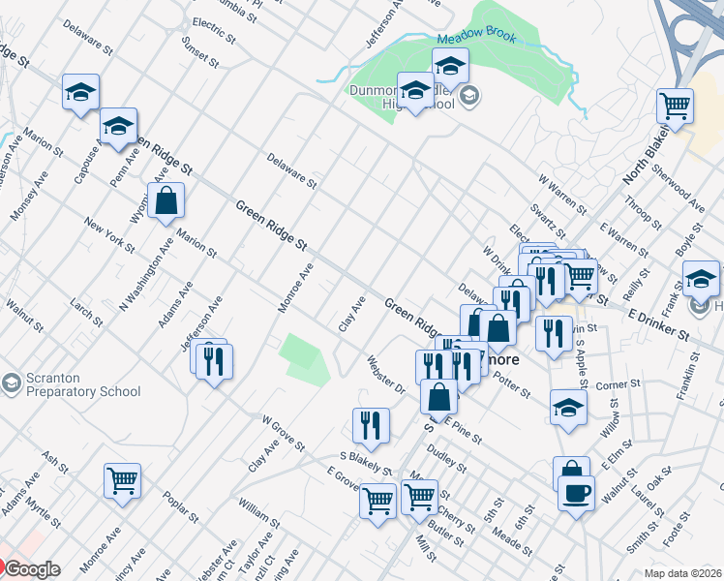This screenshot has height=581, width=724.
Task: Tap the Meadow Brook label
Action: point(476,38)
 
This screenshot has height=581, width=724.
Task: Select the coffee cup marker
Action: point(577,493)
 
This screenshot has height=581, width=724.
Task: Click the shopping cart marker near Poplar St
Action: point(123,480)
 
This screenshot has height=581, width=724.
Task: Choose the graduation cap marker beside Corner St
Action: point(568,407)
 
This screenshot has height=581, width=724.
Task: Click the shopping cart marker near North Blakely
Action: point(676,106)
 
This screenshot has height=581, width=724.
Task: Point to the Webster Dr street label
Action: point(385,375)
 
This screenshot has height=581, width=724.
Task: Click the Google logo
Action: point(32,569)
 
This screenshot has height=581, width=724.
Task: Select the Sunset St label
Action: point(200,54)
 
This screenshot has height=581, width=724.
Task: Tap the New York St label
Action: point(109,237)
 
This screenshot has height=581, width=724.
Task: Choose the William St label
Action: point(258,513)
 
